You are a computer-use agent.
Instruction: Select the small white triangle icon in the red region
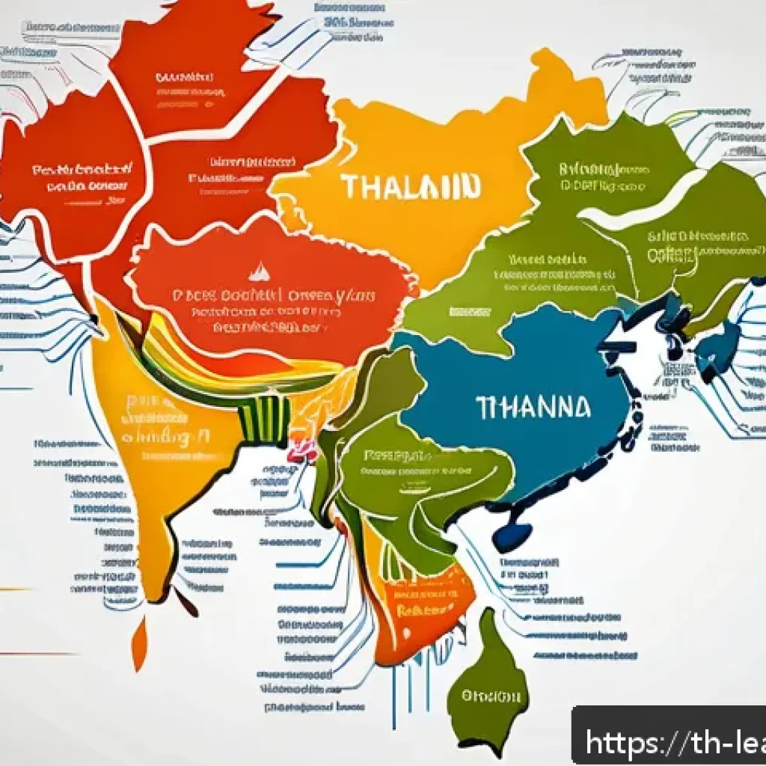[257, 270]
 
